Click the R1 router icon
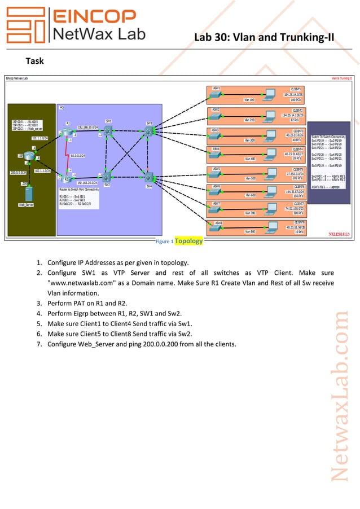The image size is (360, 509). (69, 132)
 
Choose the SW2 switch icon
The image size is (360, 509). (107, 177)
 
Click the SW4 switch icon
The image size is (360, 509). (148, 177)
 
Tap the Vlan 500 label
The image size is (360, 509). (250, 178)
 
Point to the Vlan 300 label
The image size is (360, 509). (250, 140)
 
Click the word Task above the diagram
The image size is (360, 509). (35, 60)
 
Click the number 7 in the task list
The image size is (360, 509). (39, 344)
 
